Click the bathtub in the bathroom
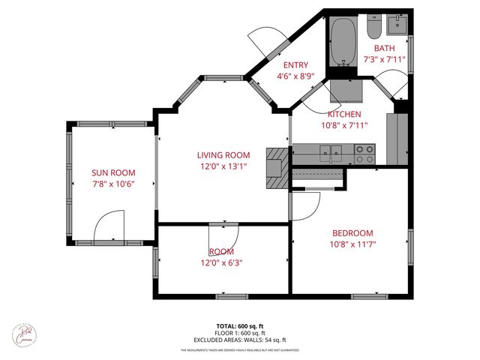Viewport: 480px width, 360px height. pos(344,42)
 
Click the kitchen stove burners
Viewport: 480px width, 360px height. pos(364,154)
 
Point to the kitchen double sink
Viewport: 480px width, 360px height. pos(330,154)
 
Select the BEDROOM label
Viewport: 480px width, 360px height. pos(352,233)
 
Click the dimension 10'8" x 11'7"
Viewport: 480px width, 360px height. pos(352,244)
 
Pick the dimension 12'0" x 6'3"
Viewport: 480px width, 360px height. pos(221,262)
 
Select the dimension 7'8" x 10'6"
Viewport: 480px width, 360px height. pos(113,183)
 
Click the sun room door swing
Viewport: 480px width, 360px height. pos(109,225)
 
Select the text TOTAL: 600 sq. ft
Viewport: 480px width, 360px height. pos(240,326)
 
